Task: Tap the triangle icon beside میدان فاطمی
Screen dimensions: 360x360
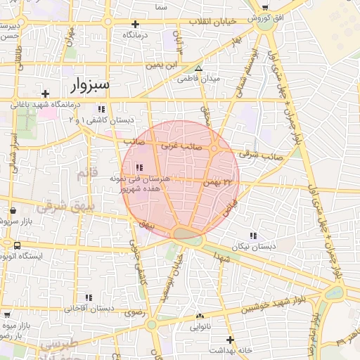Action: (199, 69)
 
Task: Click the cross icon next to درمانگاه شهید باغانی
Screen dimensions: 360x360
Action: (46, 93)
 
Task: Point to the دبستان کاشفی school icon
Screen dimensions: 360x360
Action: (102, 109)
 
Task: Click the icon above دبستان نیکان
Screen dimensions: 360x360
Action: (253, 236)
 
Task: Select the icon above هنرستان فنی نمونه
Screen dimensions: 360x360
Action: (139, 167)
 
